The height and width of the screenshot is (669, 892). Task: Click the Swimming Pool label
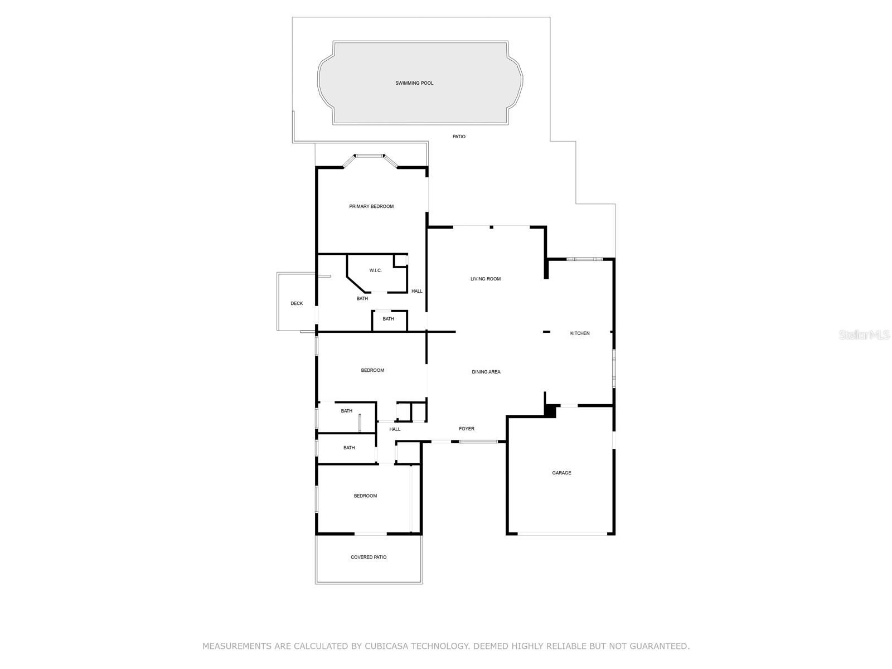pyautogui.click(x=414, y=83)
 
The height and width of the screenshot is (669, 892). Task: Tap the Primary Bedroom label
pyautogui.click(x=371, y=206)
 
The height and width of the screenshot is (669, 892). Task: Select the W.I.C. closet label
pyautogui.click(x=375, y=270)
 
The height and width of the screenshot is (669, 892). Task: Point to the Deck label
pyautogui.click(x=297, y=303)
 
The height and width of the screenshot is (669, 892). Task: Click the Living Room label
pyautogui.click(x=486, y=279)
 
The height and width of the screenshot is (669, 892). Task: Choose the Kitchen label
pyautogui.click(x=579, y=333)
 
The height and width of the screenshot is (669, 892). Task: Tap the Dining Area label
pyautogui.click(x=486, y=372)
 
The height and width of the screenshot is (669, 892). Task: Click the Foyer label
pyautogui.click(x=467, y=429)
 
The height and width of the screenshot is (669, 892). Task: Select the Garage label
pyautogui.click(x=561, y=473)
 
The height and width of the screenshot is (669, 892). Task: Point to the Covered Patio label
pyautogui.click(x=369, y=557)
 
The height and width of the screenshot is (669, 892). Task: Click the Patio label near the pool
pyautogui.click(x=459, y=137)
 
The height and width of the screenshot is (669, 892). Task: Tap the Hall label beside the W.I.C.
pyautogui.click(x=417, y=291)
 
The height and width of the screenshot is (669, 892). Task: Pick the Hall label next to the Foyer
pyautogui.click(x=395, y=429)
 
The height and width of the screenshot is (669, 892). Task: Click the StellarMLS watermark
pyautogui.click(x=864, y=334)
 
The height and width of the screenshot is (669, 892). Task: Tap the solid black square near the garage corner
pyautogui.click(x=550, y=411)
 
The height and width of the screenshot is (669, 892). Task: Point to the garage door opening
pyautogui.click(x=562, y=534)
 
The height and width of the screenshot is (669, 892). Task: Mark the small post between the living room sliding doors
pyautogui.click(x=491, y=227)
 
